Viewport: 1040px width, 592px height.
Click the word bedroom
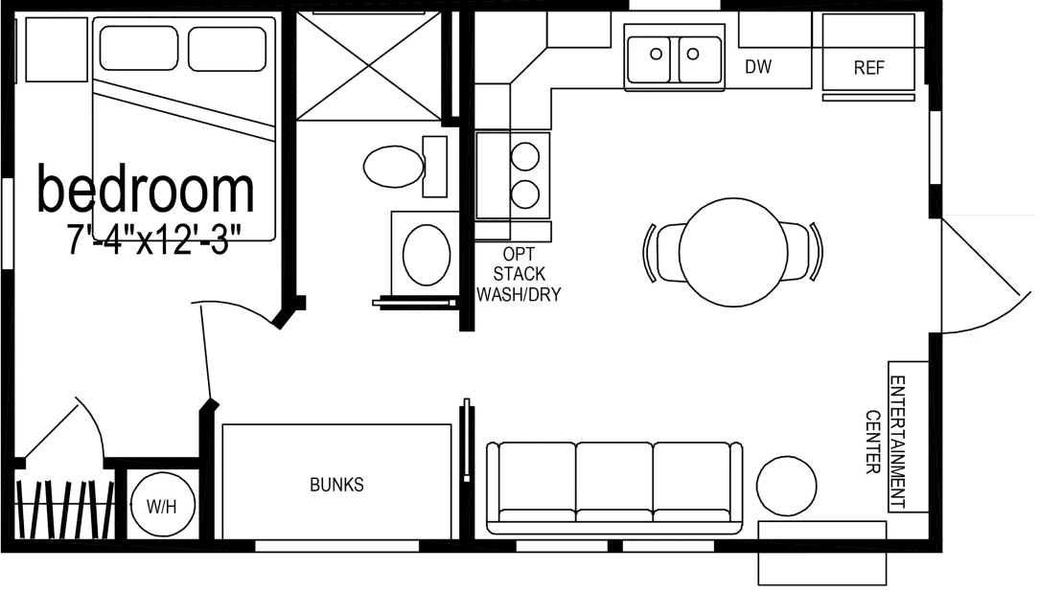[146, 190]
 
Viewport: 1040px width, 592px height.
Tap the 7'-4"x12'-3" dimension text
[153, 238]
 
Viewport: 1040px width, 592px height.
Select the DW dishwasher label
[758, 67]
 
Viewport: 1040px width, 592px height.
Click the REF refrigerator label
[868, 68]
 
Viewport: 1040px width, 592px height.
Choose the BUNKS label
[336, 485]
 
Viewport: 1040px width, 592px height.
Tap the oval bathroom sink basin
[427, 252]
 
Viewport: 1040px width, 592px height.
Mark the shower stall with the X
[369, 65]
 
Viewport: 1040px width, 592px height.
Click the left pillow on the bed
[138, 48]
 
